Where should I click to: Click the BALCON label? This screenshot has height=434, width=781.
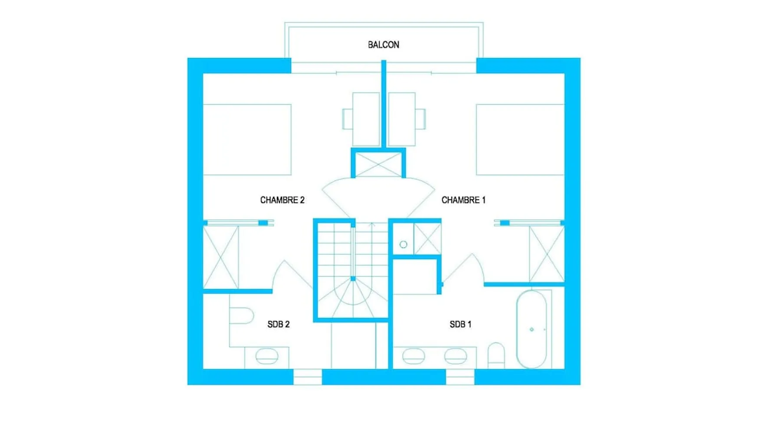coord(384,45)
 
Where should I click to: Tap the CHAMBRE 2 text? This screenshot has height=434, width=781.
coord(282,200)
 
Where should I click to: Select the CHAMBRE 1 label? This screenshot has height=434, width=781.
coord(463,200)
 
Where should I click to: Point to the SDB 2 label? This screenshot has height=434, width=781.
coord(279,324)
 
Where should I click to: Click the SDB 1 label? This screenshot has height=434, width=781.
coord(460,324)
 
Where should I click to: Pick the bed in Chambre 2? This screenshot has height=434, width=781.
coord(247,140)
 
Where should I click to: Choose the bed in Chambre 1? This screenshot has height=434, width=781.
coord(520,140)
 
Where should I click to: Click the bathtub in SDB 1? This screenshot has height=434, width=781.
coord(532,329)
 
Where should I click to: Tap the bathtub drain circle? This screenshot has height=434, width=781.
coord(532,329)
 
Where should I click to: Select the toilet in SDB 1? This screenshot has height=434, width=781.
coord(496,355)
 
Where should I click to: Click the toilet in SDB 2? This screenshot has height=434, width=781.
coord(241,316)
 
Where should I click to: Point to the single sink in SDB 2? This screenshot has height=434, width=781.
coord(267,357)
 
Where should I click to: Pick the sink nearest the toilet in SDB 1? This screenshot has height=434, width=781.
coord(456,356)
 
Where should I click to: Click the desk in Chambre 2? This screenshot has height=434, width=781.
coord(366,119)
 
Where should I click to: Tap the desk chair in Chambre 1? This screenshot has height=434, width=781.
coord(420,119)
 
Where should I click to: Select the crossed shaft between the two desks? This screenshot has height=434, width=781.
coord(378,164)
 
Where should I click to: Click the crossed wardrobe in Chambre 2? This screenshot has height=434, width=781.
coord(221,257)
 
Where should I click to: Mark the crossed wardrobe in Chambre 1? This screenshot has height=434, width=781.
coord(547,254)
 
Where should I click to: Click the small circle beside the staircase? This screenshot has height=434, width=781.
coord(403,245)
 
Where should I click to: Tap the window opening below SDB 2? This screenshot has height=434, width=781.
coord(308,377)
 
